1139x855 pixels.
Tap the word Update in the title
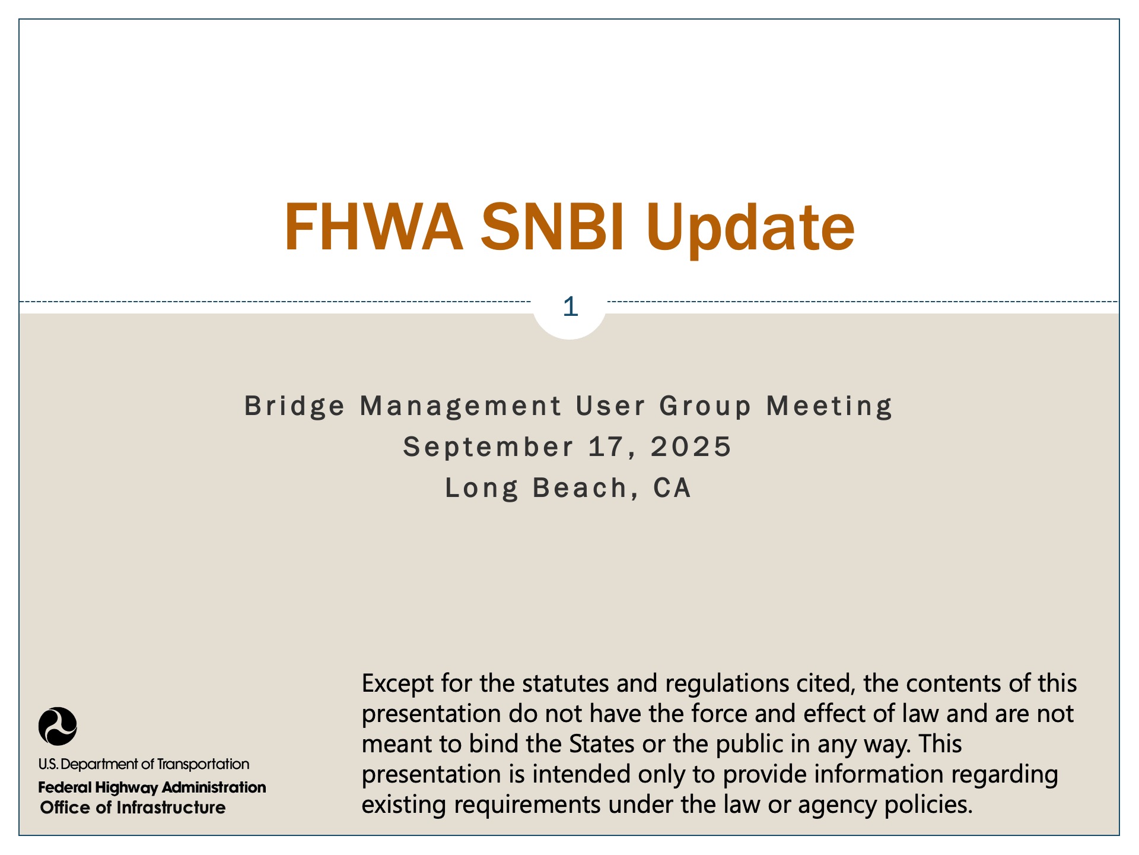(x=750, y=230)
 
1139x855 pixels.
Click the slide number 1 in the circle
(x=570, y=307)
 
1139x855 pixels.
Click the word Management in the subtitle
(x=461, y=407)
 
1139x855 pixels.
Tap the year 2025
(x=691, y=447)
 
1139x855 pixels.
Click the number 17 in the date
(x=606, y=447)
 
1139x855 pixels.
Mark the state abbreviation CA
(x=672, y=488)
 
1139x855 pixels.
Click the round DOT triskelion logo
(x=58, y=726)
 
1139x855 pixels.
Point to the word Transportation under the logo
(x=203, y=764)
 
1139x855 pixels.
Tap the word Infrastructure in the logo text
(x=171, y=807)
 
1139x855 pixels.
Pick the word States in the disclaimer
(x=602, y=744)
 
